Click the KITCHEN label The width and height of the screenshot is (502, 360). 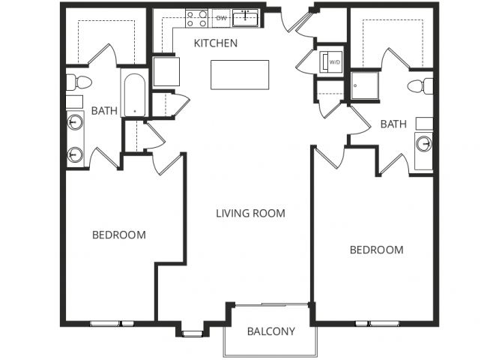pyautogui.click(x=216, y=43)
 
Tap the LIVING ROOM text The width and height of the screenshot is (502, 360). pyautogui.click(x=250, y=213)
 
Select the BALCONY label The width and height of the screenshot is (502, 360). pyautogui.click(x=270, y=331)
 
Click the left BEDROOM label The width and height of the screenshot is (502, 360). pyautogui.click(x=118, y=235)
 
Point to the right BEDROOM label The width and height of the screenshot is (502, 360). pyautogui.click(x=376, y=250)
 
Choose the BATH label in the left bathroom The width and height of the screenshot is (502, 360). pyautogui.click(x=104, y=111)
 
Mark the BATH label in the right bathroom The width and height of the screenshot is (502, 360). pyautogui.click(x=393, y=123)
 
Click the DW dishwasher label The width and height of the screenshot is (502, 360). pyautogui.click(x=221, y=17)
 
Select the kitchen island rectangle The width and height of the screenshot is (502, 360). pyautogui.click(x=240, y=74)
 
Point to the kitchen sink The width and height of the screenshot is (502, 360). pyautogui.click(x=245, y=17)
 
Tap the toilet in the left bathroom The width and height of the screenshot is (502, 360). pyautogui.click(x=78, y=82)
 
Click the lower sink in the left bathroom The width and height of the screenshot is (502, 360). pyautogui.click(x=76, y=154)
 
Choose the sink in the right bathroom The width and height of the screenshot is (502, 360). pyautogui.click(x=423, y=142)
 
